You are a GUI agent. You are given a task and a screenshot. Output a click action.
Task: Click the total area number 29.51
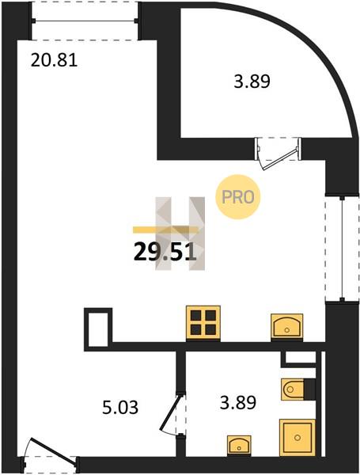click(x=165, y=253)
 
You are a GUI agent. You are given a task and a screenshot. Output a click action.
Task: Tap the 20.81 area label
click(x=54, y=60)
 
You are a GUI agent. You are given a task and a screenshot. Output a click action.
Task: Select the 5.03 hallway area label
click(x=120, y=407)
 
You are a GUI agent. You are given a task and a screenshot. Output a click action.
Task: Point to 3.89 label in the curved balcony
click(x=252, y=82)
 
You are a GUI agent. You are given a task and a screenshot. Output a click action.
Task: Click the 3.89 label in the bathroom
click(x=238, y=402)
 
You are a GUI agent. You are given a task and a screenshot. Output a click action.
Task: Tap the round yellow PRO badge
click(x=237, y=197)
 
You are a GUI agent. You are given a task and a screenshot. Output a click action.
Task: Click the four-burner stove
click(x=203, y=323)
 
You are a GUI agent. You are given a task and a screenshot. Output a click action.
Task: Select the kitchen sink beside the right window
click(x=286, y=326)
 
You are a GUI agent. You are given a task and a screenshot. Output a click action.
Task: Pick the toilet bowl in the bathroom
click(x=292, y=389)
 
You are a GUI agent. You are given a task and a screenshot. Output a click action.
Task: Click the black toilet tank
click(x=309, y=389)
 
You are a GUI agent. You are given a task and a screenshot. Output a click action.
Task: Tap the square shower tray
click(x=297, y=438)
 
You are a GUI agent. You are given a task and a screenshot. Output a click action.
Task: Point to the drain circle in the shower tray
click(x=297, y=438)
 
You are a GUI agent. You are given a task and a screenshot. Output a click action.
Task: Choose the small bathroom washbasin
click(x=239, y=445)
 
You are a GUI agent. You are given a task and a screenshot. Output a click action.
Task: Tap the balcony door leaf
click(x=280, y=159)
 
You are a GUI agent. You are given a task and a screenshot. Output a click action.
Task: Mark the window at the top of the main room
click(x=85, y=21)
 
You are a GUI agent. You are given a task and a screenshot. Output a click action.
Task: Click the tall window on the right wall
click(x=342, y=248)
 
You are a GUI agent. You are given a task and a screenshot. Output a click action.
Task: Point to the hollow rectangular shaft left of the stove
click(x=98, y=328)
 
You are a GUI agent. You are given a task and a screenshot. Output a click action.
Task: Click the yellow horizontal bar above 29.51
click(x=165, y=230)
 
